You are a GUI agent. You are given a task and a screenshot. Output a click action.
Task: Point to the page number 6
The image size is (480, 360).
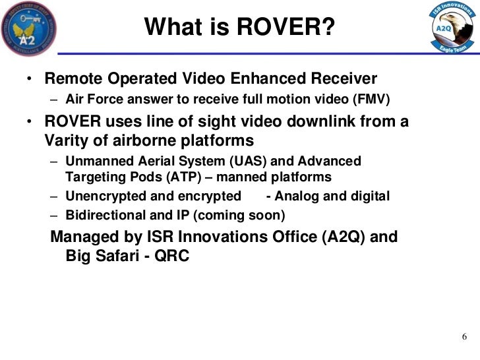click(x=464, y=337)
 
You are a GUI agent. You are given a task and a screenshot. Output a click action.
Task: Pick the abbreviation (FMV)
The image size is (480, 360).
click(x=372, y=100)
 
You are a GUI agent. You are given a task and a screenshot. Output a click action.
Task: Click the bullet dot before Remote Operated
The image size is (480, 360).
click(x=30, y=80)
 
